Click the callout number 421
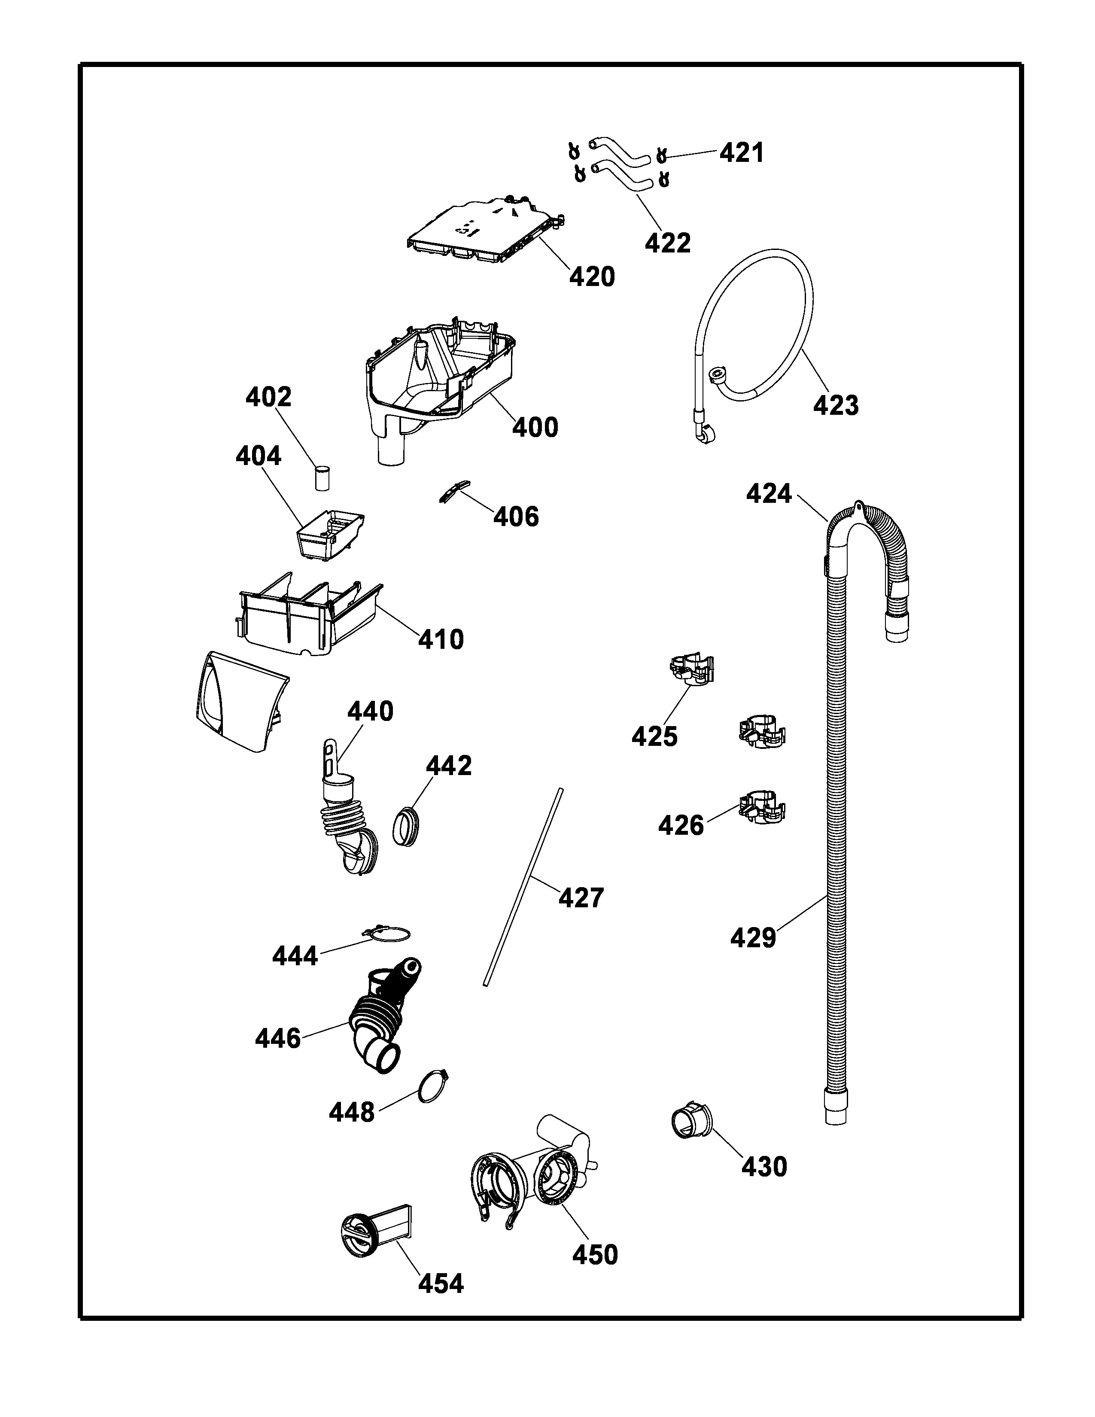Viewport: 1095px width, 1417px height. tap(742, 153)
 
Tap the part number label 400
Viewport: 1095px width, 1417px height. tap(535, 428)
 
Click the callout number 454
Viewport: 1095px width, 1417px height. tap(441, 1283)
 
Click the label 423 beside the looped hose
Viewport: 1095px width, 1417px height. tap(836, 405)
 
